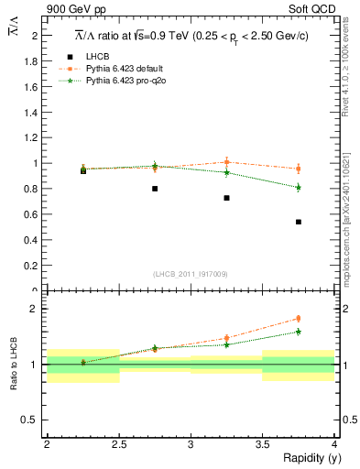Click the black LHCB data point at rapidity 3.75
(x=299, y=222)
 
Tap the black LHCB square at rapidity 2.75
(x=155, y=189)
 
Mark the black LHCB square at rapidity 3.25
(x=226, y=198)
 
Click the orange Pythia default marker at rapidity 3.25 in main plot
(x=226, y=162)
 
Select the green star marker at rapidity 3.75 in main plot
(x=299, y=188)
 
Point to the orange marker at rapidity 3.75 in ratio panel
(x=299, y=319)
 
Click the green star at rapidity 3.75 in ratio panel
(x=299, y=332)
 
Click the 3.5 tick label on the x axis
(x=262, y=444)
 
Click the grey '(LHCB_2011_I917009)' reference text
(x=191, y=274)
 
